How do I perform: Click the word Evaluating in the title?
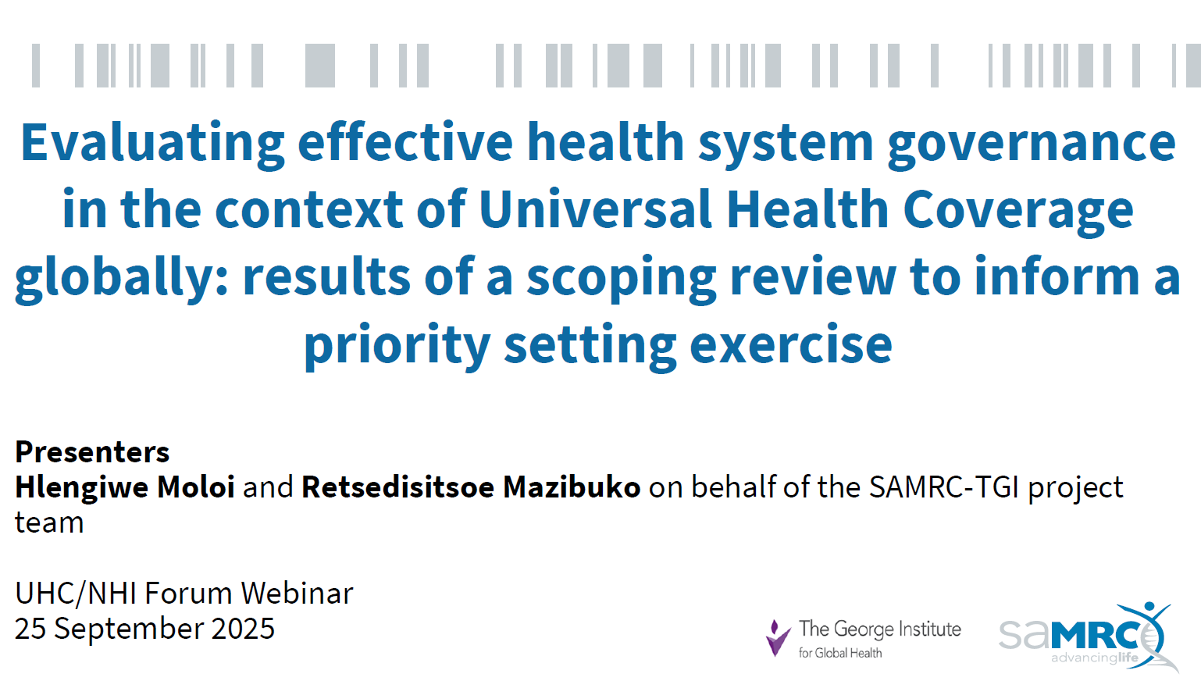point(153,143)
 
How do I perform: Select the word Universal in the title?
point(596,209)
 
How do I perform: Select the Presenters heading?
point(92,451)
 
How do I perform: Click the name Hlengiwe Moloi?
point(125,487)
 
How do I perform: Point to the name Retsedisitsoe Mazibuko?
point(472,487)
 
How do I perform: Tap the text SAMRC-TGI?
point(943,487)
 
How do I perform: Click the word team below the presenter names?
point(49,522)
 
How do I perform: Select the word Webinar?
point(297,593)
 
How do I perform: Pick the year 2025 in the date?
point(243,629)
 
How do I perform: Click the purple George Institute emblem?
point(778,638)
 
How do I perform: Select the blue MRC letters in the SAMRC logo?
point(1096,636)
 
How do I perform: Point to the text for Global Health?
point(840,653)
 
